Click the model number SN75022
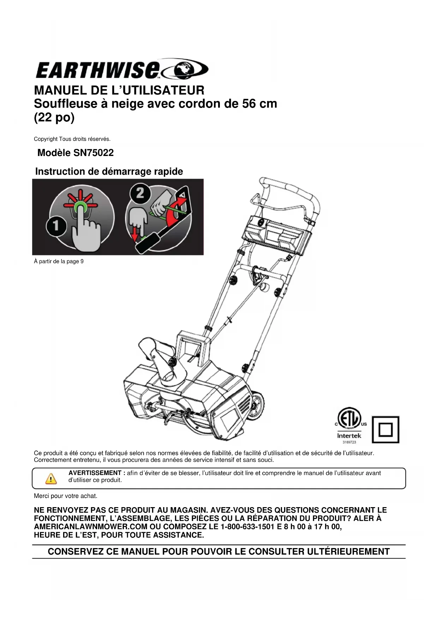94,153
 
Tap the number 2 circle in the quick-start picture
140,193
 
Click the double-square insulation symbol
385,429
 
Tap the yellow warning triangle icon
51,479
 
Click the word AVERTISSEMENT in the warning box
95,473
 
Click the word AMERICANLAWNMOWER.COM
91,527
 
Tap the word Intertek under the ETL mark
349,435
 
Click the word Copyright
46,139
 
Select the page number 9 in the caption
82,262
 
